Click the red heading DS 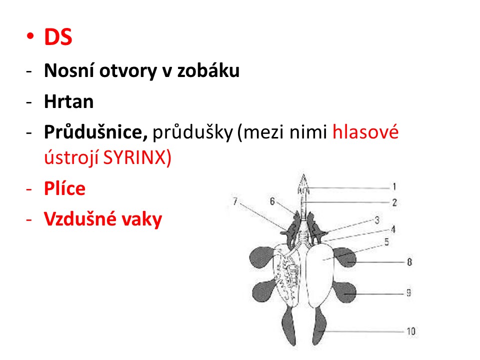[58, 37]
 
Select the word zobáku [208, 70]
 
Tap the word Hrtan [69, 101]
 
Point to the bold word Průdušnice [96, 132]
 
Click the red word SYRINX [134, 157]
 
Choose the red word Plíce [64, 188]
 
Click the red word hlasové [365, 132]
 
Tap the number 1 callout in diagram [394, 186]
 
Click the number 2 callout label [394, 202]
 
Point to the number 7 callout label [235, 201]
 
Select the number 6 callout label [272, 201]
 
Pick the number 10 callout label [411, 331]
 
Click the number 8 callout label [409, 262]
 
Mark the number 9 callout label [408, 293]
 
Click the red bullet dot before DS [30, 36]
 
